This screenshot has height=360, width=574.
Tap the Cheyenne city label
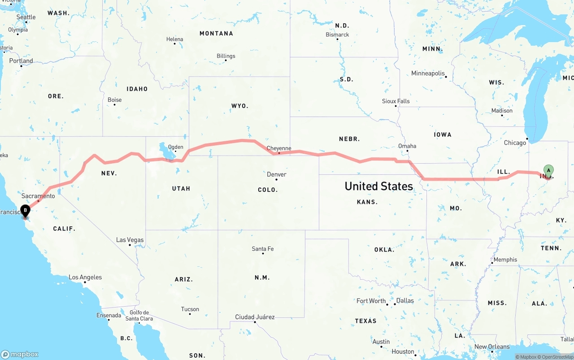(279, 148)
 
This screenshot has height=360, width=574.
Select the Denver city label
(276, 174)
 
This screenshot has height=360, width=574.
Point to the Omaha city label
(407, 146)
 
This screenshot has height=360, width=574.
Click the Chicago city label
(515, 143)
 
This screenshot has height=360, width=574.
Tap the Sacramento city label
(38, 196)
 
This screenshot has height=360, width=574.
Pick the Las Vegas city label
(130, 240)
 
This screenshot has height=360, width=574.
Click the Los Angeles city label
(85, 278)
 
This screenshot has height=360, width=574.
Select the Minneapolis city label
(428, 74)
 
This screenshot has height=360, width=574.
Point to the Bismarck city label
(337, 35)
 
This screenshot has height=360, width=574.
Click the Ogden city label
(175, 147)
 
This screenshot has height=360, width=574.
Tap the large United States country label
(378, 186)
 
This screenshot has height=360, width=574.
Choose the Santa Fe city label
(263, 249)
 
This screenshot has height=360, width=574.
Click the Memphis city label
(505, 260)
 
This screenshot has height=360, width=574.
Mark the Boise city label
(115, 100)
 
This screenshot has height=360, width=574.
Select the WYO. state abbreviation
(239, 106)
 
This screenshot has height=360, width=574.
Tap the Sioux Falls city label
(396, 101)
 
